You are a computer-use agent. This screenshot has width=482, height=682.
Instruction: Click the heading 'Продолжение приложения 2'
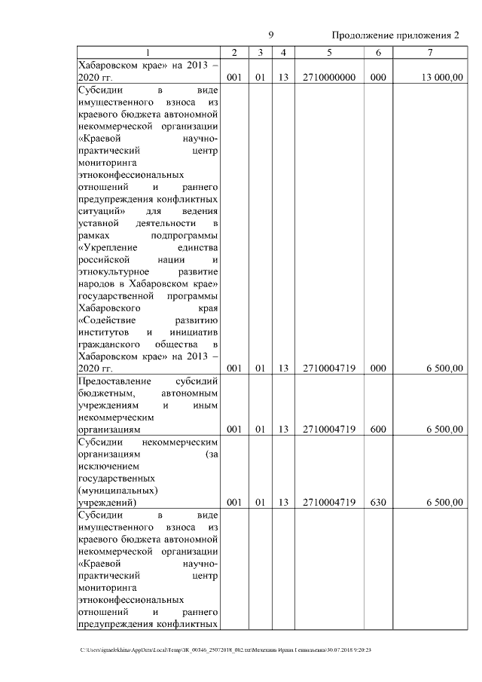(x=395, y=35)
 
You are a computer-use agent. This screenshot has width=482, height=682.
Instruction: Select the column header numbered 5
(x=329, y=52)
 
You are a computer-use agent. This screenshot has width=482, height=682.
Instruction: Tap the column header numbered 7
(x=429, y=52)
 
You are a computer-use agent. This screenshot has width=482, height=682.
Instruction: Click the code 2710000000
(x=329, y=77)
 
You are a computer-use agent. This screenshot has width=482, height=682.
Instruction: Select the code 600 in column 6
(x=378, y=429)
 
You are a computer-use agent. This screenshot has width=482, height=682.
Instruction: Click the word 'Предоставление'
(x=114, y=381)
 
